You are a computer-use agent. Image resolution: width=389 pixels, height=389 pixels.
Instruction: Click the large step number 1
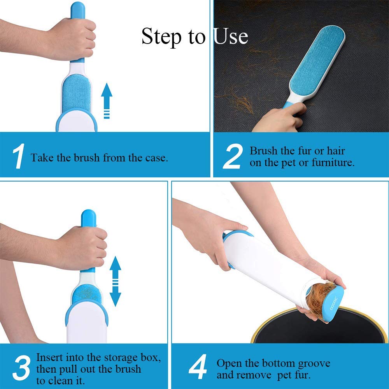click(19, 156)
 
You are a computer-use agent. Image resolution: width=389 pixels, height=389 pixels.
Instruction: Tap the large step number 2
click(233, 156)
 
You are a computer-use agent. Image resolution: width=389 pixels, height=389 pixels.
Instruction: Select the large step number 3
click(21, 368)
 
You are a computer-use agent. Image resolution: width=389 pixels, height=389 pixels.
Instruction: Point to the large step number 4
click(198, 367)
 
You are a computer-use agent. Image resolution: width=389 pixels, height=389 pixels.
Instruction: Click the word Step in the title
click(161, 37)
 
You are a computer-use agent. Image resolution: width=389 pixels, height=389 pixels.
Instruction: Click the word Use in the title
click(230, 36)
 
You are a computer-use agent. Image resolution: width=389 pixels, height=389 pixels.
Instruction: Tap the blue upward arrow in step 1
click(107, 100)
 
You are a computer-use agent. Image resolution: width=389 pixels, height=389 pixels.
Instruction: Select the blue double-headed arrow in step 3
click(116, 281)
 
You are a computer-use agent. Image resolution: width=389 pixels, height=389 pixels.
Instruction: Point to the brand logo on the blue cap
click(334, 303)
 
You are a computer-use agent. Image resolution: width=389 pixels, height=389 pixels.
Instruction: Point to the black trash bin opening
click(320, 327)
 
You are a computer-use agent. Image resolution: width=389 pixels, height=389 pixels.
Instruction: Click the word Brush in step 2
click(263, 151)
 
